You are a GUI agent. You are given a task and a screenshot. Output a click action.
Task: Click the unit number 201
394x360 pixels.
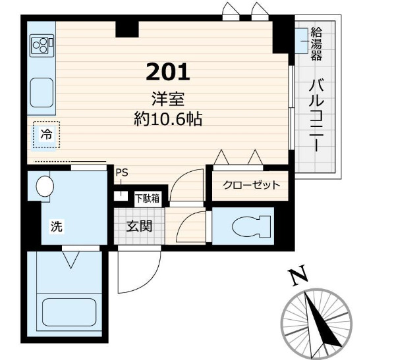167,72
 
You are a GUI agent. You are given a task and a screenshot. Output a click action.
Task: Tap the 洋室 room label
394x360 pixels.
168,99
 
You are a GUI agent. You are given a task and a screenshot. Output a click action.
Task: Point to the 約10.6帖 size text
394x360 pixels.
168,119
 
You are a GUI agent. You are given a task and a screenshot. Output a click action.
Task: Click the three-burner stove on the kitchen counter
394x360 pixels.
42,45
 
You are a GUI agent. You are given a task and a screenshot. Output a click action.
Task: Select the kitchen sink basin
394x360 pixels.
42,92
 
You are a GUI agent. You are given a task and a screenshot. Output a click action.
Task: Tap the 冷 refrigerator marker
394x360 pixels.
47,134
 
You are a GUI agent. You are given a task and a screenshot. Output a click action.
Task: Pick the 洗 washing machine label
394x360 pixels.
57,226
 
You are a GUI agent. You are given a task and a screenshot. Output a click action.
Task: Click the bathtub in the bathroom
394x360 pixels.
69,313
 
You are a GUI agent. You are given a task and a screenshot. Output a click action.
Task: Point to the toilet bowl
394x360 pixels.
252,226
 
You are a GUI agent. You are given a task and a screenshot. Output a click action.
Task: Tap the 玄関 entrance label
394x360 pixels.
139,226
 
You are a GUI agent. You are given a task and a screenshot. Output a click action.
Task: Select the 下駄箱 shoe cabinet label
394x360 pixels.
148,198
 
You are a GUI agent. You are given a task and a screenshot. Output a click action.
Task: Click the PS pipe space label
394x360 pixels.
122,172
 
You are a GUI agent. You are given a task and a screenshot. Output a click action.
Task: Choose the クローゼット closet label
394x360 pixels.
252,185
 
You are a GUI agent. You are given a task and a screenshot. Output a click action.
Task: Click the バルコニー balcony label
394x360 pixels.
316,115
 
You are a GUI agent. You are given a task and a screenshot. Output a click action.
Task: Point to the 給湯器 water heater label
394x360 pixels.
316,43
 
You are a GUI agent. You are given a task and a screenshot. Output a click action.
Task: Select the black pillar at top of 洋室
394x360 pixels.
127,29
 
